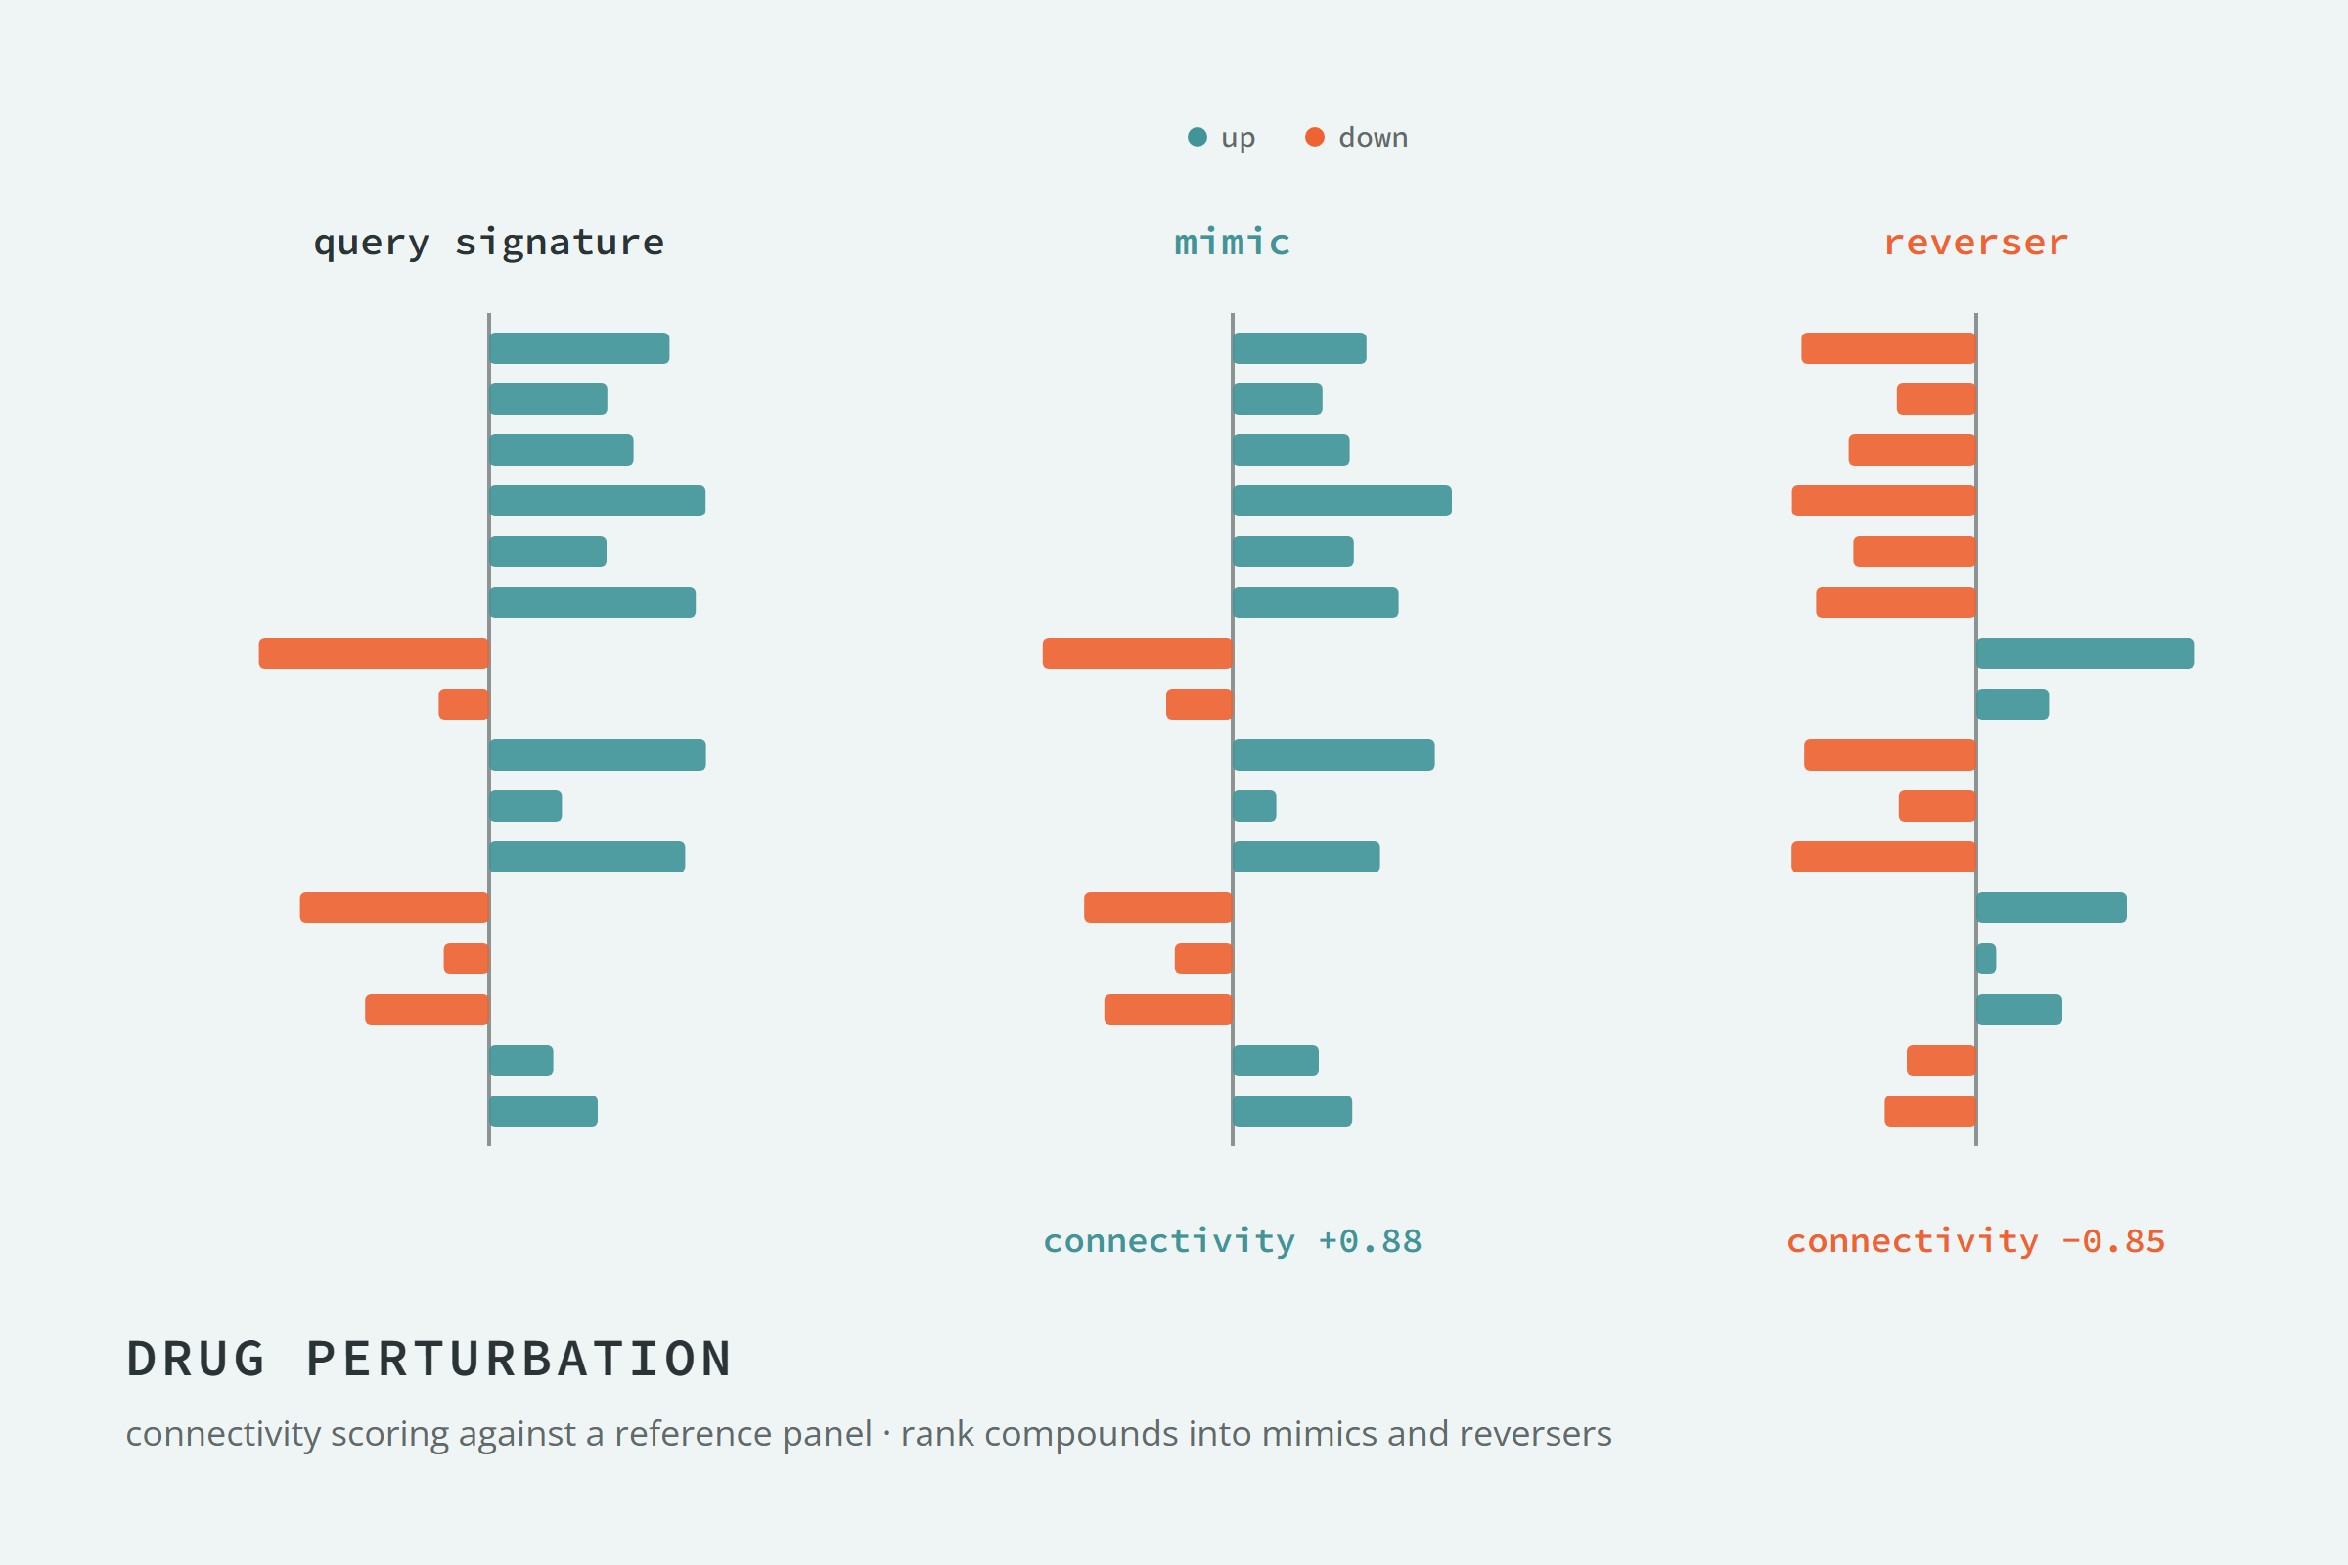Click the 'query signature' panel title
tap(488, 243)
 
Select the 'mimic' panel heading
tap(1232, 242)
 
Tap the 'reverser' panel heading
tap(1975, 243)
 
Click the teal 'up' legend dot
tap(1197, 137)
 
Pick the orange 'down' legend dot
tap(1315, 137)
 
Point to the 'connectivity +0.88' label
tap(1232, 1240)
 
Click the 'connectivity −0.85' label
tap(1975, 1240)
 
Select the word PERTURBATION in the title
tap(519, 1359)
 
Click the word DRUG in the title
tap(196, 1359)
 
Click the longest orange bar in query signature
tap(374, 652)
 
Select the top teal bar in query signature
tap(579, 348)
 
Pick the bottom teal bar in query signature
tap(543, 1111)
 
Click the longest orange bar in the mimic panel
tap(1137, 652)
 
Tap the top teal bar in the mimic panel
tap(1300, 348)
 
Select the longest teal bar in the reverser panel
tap(2086, 652)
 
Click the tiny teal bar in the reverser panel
tap(1987, 959)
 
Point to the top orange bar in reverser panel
tap(1889, 348)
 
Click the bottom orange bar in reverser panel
tap(1930, 1111)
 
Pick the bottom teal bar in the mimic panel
tap(1292, 1111)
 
